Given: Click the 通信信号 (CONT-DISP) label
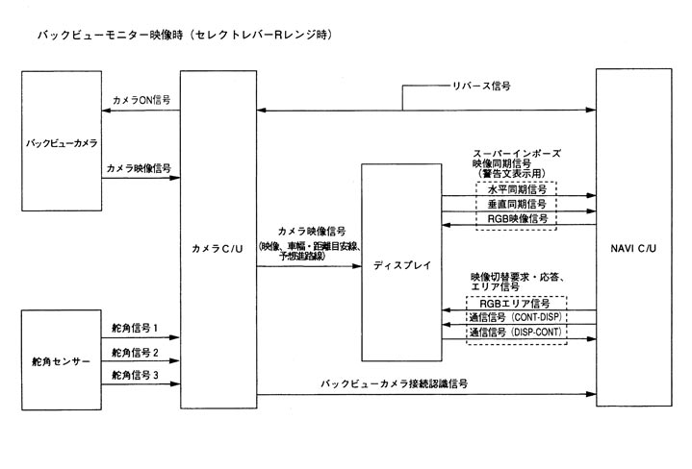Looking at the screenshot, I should (x=517, y=317).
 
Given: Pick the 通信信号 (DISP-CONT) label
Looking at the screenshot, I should (x=517, y=333).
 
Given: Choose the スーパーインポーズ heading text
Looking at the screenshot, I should (x=517, y=153).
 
